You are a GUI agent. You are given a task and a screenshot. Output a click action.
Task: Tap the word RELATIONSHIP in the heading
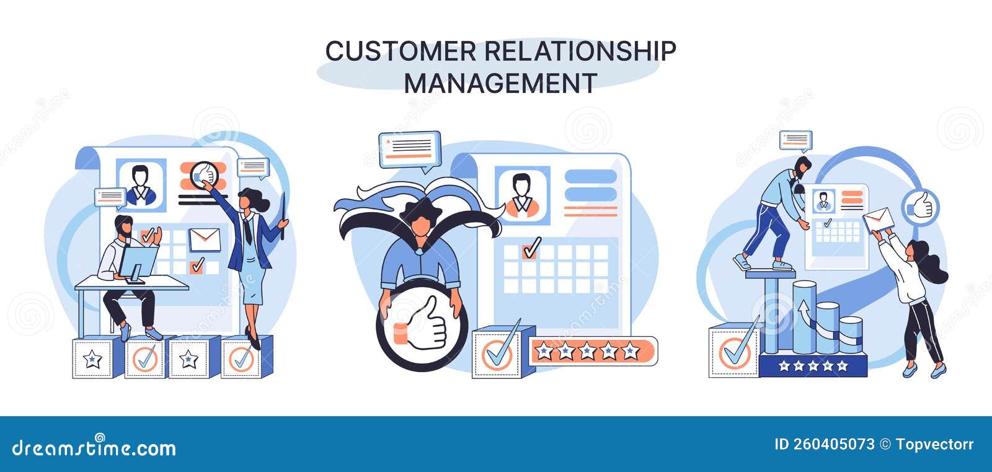point(579,51)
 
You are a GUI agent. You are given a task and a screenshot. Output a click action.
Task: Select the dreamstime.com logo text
point(94,447)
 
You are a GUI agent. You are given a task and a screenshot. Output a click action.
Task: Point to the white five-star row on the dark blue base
point(813,366)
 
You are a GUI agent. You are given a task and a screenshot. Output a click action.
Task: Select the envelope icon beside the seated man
point(205,239)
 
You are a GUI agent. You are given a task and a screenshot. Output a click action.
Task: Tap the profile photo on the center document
point(522,195)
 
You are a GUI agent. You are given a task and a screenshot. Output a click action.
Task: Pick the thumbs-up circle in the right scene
point(921,207)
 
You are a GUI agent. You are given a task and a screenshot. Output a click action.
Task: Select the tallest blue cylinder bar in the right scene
point(804,316)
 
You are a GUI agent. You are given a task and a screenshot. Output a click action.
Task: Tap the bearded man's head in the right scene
point(802,166)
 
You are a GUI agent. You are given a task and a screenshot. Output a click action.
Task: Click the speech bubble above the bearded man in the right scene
point(795,140)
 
